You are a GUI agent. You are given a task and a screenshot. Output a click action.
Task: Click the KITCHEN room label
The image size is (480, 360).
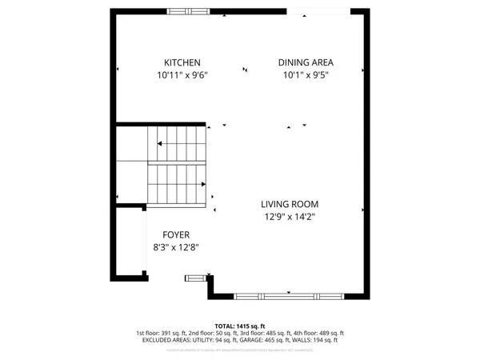pyautogui.click(x=182, y=62)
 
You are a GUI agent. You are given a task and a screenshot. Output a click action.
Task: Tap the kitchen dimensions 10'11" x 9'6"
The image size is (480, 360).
pyautogui.click(x=182, y=75)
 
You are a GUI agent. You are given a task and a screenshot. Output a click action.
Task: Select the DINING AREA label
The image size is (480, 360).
pyautogui.click(x=306, y=62)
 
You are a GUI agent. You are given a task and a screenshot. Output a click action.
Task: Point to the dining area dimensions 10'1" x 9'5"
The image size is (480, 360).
pyautogui.click(x=306, y=75)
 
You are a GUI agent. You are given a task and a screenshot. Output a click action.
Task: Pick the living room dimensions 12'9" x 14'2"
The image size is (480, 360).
pyautogui.click(x=291, y=216)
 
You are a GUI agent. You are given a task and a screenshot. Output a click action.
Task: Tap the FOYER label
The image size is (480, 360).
pyautogui.click(x=175, y=234)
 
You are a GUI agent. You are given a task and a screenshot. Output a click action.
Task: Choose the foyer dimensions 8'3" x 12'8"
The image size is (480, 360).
pyautogui.click(x=175, y=247)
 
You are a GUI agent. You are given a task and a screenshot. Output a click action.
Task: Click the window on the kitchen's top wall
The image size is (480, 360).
pyautogui.click(x=190, y=11)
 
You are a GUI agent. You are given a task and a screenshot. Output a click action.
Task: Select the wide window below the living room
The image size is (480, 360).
pyautogui.click(x=291, y=296)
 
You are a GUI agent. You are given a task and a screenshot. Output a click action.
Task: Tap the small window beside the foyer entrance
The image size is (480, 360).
pyautogui.click(x=195, y=278)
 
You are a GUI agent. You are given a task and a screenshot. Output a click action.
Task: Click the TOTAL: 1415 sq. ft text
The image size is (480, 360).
pyautogui.click(x=240, y=326)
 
